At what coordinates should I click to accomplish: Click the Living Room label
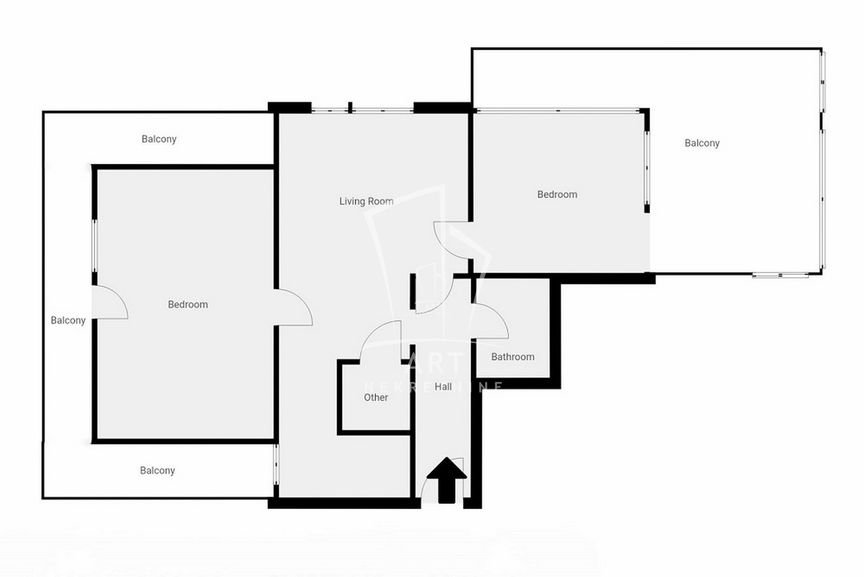pyautogui.click(x=366, y=201)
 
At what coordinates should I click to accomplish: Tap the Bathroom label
pyautogui.click(x=512, y=357)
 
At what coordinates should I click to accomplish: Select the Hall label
pyautogui.click(x=443, y=386)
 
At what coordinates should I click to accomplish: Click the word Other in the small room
pyautogui.click(x=376, y=397)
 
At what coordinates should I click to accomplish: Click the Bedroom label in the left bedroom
pyautogui.click(x=188, y=305)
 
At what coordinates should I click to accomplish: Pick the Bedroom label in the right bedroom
pyautogui.click(x=557, y=194)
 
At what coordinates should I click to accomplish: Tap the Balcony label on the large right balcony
pyautogui.click(x=702, y=143)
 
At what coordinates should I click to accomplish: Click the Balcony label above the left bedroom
pyautogui.click(x=159, y=139)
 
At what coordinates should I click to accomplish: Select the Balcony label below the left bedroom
pyautogui.click(x=158, y=471)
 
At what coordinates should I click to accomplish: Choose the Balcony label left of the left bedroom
pyautogui.click(x=68, y=320)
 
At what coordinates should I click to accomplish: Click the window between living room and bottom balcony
pyautogui.click(x=276, y=464)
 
